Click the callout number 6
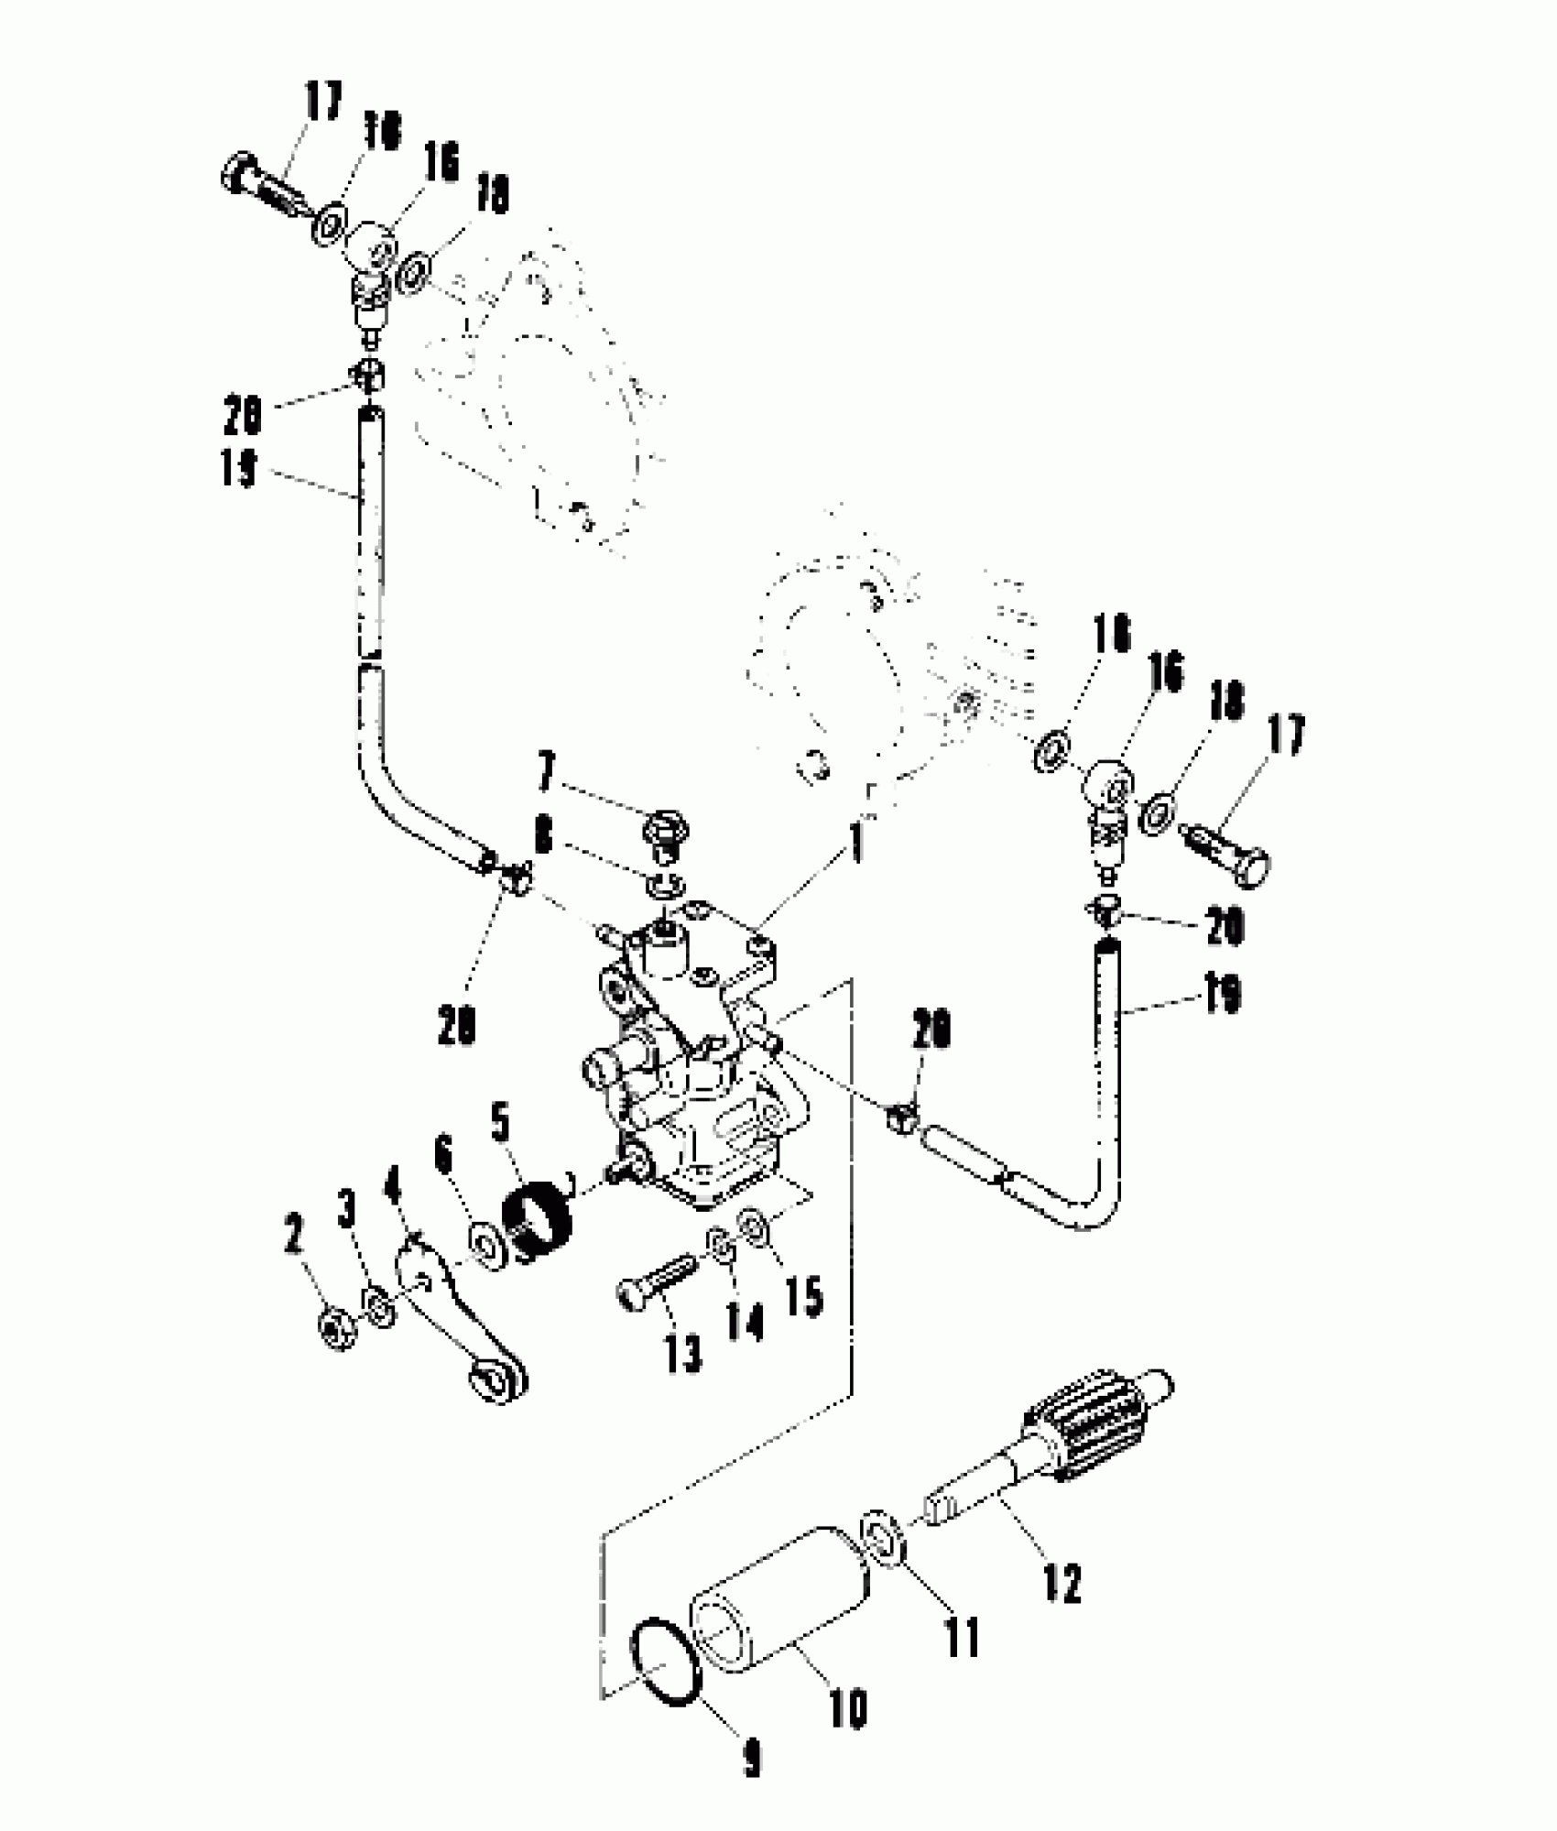click(444, 1156)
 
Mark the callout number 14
click(744, 1322)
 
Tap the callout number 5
click(500, 1124)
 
